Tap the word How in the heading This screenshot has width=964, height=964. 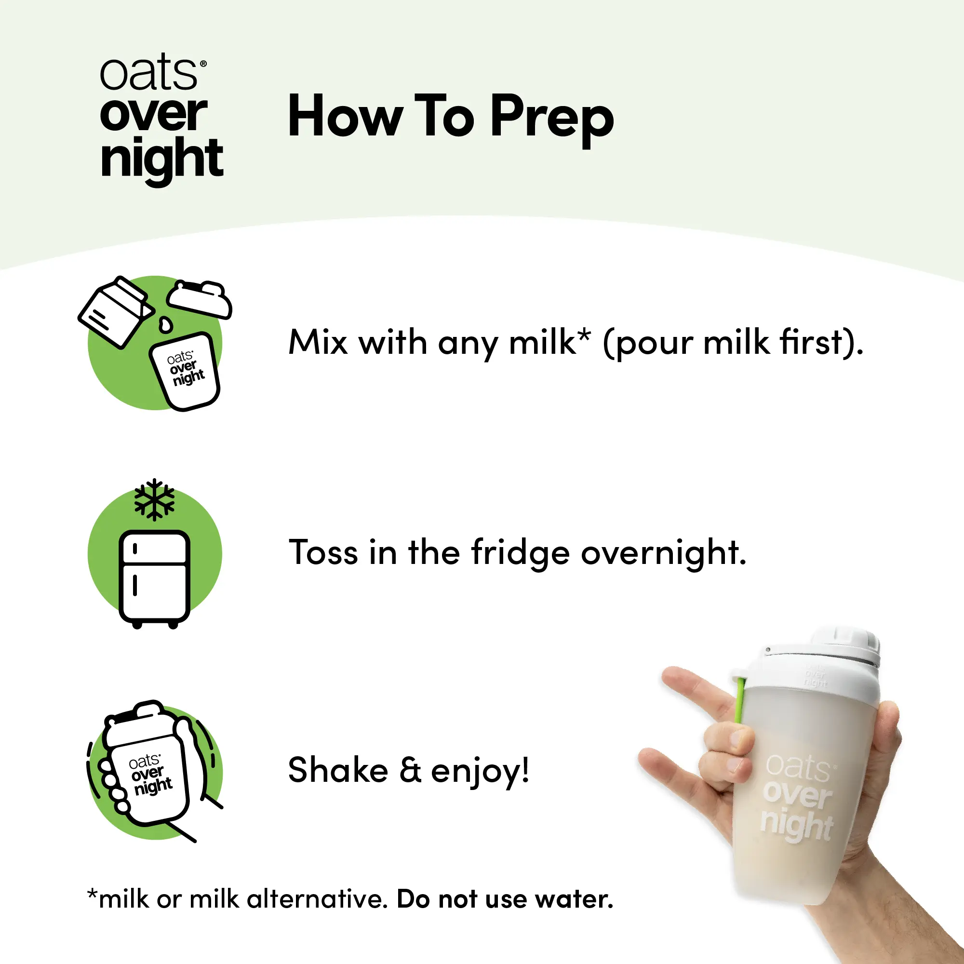coord(345,116)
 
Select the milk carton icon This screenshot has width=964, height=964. coord(116,312)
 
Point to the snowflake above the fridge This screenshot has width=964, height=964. coord(155,499)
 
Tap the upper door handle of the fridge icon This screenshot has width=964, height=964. coord(135,549)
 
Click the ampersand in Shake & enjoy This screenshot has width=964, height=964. coord(411,770)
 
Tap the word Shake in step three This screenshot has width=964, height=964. coord(338,769)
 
